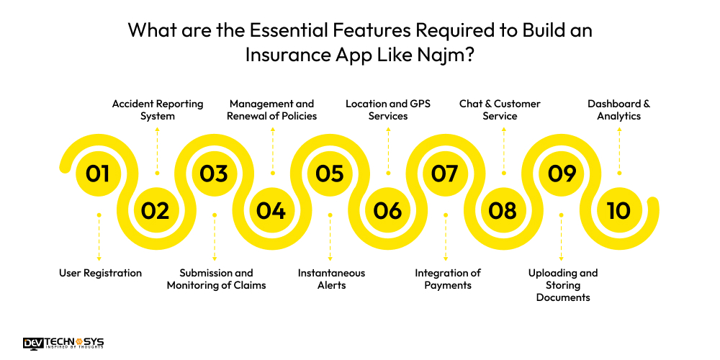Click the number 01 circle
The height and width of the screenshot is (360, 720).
coord(98,174)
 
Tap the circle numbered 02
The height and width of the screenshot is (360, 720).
coord(156,210)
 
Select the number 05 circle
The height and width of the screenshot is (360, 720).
coord(329,174)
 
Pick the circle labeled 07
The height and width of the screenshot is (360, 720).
coord(445,174)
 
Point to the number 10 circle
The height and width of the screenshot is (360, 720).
coord(618,210)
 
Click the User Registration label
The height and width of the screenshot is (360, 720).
coord(100,273)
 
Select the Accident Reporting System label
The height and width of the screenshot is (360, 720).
coord(158,110)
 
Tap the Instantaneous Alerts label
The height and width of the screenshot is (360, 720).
coord(331,279)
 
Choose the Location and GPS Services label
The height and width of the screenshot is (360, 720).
coord(388,110)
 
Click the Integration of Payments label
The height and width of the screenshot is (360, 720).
coord(447,279)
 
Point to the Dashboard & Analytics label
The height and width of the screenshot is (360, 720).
coord(618,110)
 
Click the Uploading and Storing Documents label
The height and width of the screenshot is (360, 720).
coord(563,285)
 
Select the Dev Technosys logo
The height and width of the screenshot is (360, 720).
coord(63,343)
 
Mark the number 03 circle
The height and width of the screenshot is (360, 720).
coord(214,174)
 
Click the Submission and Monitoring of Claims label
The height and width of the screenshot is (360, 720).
coord(216,279)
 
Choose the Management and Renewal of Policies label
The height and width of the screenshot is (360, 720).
coord(271,110)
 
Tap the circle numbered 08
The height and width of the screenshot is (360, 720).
coord(503,210)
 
